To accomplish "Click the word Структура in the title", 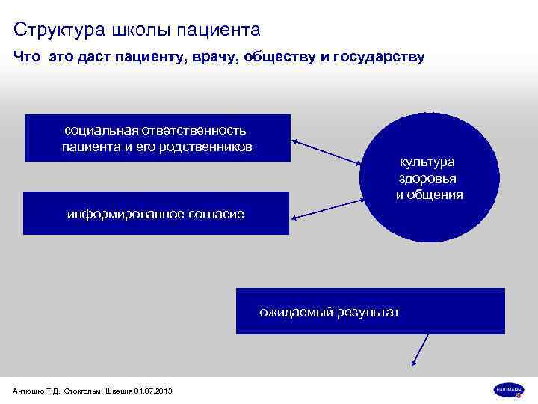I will click(60, 30).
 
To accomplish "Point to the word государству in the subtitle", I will click(380, 58).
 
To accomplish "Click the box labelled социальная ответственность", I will click(157, 138).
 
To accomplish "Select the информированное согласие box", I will click(156, 213).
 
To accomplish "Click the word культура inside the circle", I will click(427, 162).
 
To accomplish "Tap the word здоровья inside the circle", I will click(427, 178).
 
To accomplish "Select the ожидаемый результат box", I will click(370, 310).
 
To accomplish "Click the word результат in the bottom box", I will click(368, 312).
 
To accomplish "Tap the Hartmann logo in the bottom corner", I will click(508, 389).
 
